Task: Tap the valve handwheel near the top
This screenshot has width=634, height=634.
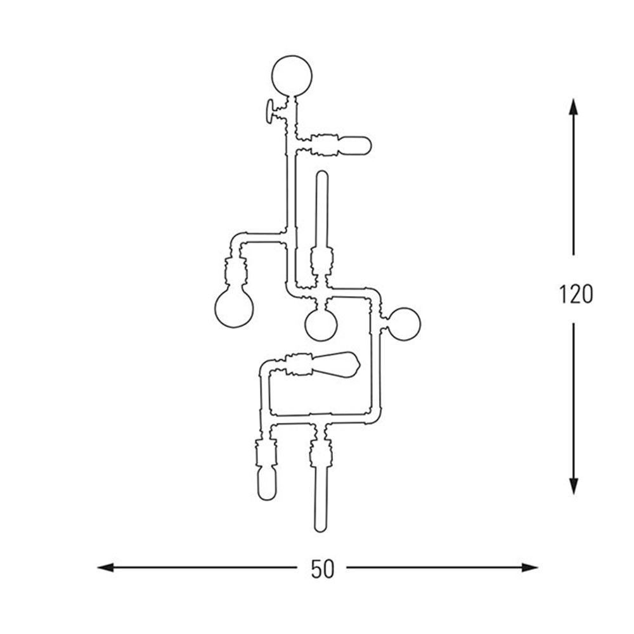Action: coord(268,111)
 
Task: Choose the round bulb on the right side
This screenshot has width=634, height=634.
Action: coord(404,323)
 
